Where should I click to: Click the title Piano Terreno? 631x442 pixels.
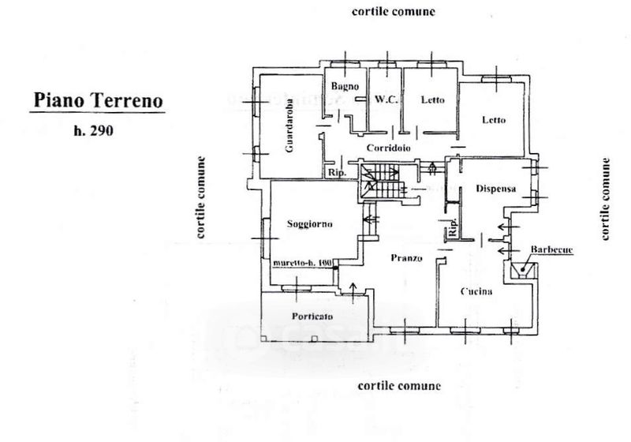[x=98, y=102]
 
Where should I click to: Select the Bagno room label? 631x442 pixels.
[x=345, y=86]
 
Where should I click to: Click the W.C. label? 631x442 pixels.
[x=385, y=100]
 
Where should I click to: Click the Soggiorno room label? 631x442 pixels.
[x=310, y=223]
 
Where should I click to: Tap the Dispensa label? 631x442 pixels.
[x=496, y=189]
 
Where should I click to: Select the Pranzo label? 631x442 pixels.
[x=406, y=258]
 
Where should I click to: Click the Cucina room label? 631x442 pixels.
[x=477, y=292]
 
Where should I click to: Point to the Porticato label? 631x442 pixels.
[x=312, y=316]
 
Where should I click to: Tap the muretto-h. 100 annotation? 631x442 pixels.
[x=304, y=263]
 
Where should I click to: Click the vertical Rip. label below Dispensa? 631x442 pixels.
[x=454, y=229]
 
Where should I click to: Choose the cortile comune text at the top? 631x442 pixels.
[x=394, y=13]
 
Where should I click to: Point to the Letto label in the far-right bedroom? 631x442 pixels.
[x=495, y=120]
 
